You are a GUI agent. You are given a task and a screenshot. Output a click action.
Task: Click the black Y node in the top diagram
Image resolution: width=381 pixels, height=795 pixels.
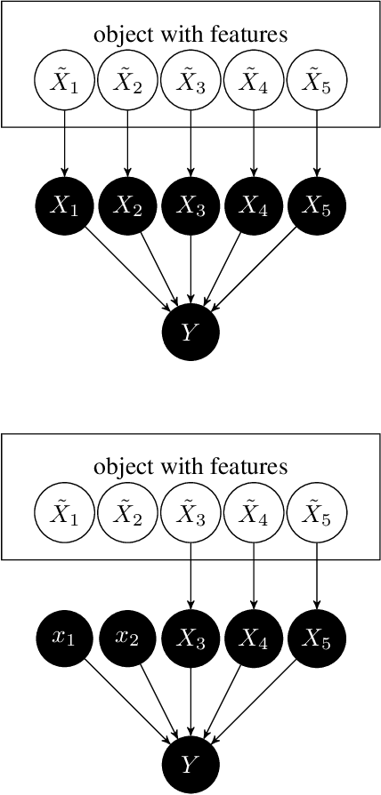(x=190, y=332)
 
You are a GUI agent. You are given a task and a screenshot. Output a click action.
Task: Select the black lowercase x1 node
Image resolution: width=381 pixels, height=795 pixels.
(x=64, y=638)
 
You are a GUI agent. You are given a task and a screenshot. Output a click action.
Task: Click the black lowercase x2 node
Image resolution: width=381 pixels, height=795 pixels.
(x=127, y=638)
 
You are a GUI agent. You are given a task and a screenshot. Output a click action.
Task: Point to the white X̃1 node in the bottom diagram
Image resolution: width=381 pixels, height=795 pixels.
(x=64, y=513)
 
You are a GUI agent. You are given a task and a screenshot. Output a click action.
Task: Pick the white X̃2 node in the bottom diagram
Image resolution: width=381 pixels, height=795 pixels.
(x=127, y=513)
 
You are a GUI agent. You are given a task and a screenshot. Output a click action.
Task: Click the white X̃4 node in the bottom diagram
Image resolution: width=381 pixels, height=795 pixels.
(x=254, y=513)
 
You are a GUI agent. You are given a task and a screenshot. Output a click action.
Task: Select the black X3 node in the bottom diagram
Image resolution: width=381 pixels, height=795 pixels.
(x=190, y=638)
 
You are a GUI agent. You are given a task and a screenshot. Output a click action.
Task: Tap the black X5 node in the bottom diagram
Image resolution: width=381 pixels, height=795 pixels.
(x=317, y=638)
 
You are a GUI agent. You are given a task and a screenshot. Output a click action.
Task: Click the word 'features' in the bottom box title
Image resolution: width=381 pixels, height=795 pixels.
(x=257, y=467)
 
